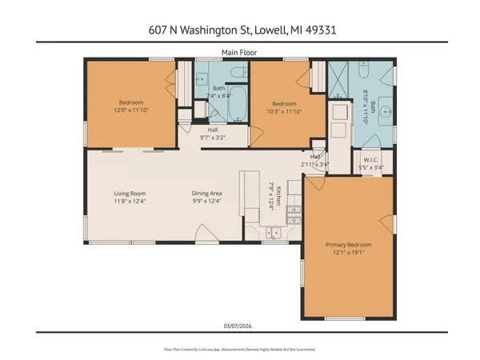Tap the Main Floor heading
pos(239,53)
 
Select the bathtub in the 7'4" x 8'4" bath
pos(236,102)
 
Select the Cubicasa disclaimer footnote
pos(239,350)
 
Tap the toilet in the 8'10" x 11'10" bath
pos(362,73)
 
